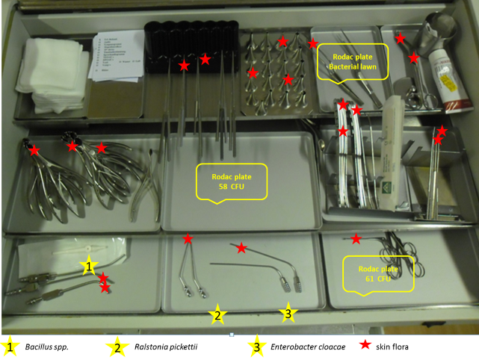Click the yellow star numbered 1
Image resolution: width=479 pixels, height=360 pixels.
pyautogui.click(x=89, y=265)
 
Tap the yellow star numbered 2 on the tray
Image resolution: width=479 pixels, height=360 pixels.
pyautogui.click(x=217, y=315)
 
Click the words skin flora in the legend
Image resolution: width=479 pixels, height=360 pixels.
pyautogui.click(x=407, y=347)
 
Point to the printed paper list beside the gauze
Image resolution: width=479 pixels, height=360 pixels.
pyautogui.click(x=116, y=57)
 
